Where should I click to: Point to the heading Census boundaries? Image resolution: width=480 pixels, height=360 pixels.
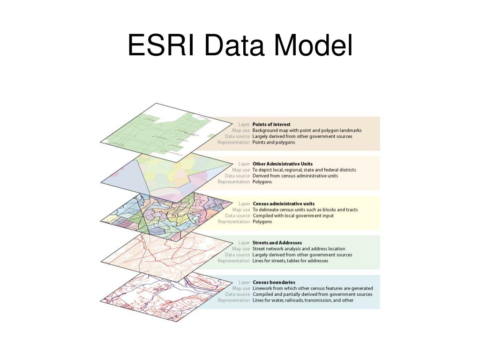click(x=274, y=282)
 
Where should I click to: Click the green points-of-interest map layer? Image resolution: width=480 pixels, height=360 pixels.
click(x=159, y=132)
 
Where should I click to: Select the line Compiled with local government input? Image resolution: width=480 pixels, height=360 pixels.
click(x=293, y=216)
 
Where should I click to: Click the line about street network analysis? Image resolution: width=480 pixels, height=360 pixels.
click(x=299, y=249)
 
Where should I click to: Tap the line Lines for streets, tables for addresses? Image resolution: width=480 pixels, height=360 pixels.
click(x=290, y=261)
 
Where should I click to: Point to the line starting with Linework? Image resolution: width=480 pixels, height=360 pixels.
click(x=313, y=288)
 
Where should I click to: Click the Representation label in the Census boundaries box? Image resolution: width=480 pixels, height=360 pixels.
click(x=234, y=300)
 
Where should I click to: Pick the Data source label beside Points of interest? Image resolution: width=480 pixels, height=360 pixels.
click(x=237, y=136)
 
